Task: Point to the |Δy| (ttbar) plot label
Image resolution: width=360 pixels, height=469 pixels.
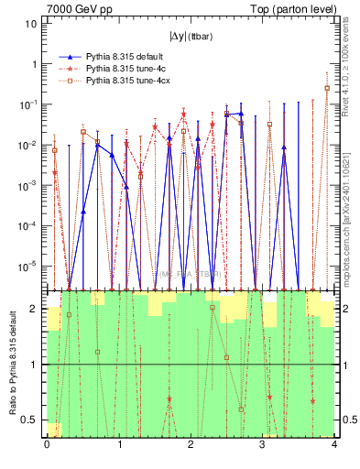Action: click(x=190, y=37)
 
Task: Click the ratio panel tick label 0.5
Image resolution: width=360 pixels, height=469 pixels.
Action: click(x=33, y=420)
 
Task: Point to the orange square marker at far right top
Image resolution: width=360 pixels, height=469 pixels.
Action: click(x=327, y=88)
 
